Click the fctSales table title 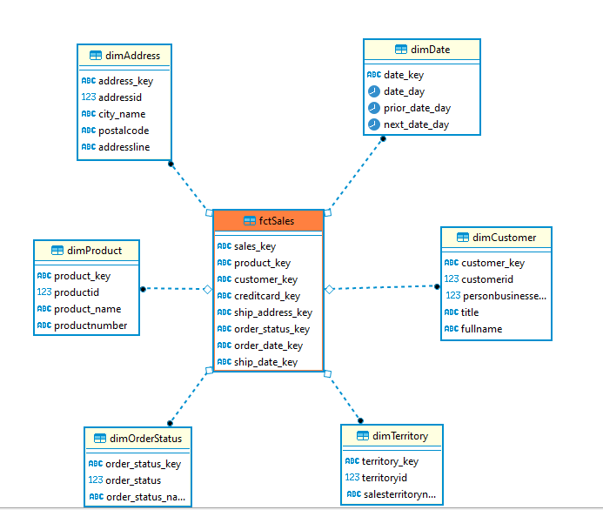[x=277, y=221]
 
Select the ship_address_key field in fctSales [x=273, y=312]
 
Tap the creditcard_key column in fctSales [x=267, y=296]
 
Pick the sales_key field [x=255, y=246]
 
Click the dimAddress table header [x=132, y=56]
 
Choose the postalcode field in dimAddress [x=124, y=131]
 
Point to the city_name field [x=122, y=114]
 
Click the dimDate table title [x=431, y=50]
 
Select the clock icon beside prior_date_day [x=374, y=108]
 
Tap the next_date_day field [x=416, y=124]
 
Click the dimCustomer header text [x=504, y=238]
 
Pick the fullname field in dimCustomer [x=481, y=329]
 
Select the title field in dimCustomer [x=470, y=312]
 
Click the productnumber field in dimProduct [x=90, y=325]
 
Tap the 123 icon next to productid [x=44, y=292]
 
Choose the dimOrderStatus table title [x=146, y=439]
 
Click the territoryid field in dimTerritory [x=385, y=478]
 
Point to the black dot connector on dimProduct [x=143, y=289]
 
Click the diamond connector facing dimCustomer [x=330, y=290]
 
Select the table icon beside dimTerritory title [x=363, y=436]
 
